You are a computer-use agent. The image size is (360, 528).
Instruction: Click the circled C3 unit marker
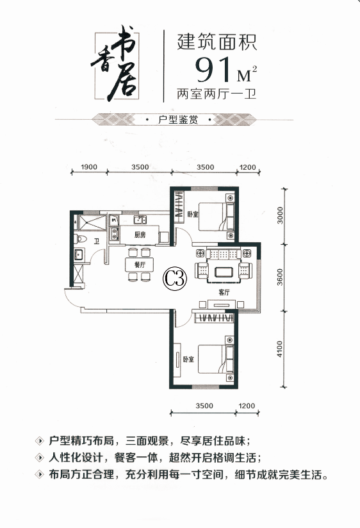175,279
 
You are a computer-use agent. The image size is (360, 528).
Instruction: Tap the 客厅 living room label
224,292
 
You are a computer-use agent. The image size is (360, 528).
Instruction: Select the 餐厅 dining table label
140,265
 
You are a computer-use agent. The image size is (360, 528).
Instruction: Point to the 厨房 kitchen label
140,235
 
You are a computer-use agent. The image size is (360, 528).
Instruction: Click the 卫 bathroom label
97,241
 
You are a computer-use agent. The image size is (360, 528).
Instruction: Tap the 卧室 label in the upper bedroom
193,214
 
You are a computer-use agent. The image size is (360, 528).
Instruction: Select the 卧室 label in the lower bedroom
188,359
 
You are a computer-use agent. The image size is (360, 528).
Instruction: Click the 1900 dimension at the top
89,167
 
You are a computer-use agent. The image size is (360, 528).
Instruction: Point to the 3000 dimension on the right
280,215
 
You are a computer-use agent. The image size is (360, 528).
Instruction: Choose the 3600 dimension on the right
280,277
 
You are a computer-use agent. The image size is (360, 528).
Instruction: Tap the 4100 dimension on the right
280,349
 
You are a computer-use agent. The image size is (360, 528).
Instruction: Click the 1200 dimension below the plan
247,406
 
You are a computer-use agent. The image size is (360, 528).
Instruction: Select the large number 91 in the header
214,70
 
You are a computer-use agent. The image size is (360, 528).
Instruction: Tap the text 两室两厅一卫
217,94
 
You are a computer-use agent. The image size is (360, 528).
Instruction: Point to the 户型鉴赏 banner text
178,120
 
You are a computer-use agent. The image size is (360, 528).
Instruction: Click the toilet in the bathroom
81,239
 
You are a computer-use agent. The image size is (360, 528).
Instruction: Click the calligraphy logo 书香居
115,67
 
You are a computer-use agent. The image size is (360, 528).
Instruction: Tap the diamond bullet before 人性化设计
40,458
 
